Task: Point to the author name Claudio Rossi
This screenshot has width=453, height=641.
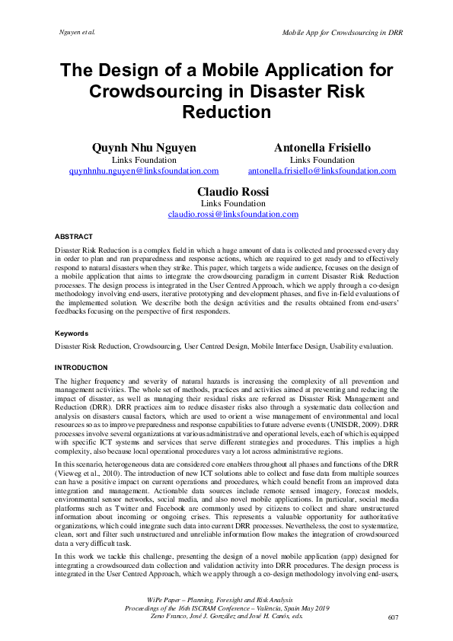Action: click(233, 191)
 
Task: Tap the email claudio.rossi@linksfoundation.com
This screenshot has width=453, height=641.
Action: click(233, 215)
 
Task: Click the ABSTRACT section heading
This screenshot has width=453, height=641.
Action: click(74, 237)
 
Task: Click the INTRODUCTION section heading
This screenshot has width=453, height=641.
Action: click(82, 368)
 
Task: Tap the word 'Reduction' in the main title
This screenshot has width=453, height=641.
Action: click(226, 113)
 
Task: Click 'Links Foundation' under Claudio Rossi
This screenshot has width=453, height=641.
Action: click(233, 204)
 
